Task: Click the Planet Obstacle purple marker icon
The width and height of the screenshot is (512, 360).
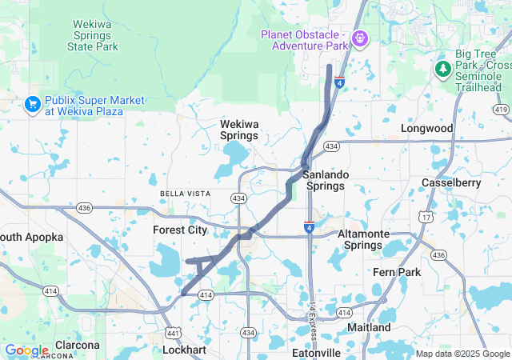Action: coord(360,38)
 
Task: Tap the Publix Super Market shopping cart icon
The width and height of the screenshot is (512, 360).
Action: coord(32,104)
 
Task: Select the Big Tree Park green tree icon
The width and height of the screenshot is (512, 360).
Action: coord(443,69)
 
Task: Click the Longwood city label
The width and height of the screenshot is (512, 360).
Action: coord(426,128)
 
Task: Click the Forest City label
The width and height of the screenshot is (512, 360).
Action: coord(180,230)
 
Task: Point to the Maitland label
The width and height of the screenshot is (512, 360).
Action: coord(369,328)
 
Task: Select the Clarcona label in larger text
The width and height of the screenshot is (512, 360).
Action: coord(78,346)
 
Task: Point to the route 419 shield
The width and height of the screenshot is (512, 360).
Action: coord(502,109)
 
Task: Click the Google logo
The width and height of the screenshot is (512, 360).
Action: coord(26,350)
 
